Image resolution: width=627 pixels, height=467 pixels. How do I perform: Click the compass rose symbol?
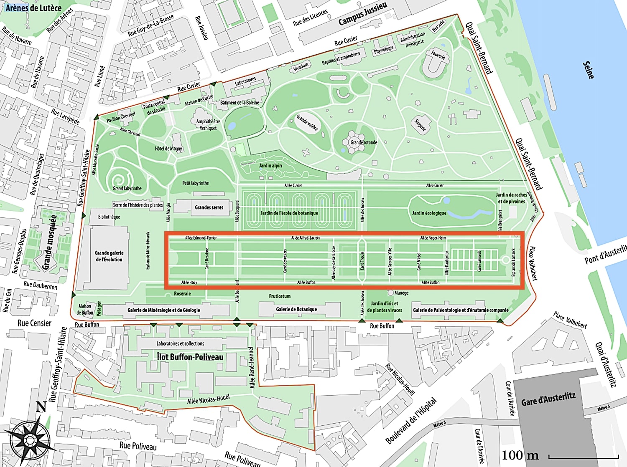tap(30, 439)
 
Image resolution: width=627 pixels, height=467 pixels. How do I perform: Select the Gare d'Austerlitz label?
tap(548, 399)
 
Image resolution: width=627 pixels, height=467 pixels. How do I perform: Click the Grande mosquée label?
tap(50, 242)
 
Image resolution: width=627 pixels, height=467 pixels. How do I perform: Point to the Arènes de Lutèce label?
tap(33, 8)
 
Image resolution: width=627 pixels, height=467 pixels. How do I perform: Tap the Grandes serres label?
tap(209, 207)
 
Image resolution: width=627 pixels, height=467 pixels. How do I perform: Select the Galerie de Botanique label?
tap(296, 309)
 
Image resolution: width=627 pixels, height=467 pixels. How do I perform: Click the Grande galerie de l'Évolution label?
tap(109, 256)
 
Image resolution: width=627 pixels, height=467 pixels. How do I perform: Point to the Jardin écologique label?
tap(429, 213)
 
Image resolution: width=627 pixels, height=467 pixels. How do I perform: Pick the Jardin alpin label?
tap(270, 166)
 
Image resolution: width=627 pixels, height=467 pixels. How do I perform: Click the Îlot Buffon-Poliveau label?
tap(190, 357)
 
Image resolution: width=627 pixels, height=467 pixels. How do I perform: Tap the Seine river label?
tap(589, 70)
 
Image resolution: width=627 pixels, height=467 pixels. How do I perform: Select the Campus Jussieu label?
tap(362, 13)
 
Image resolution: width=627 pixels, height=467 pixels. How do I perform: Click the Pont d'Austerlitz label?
tap(605, 255)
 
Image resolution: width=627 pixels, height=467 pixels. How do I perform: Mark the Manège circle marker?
tap(391, 293)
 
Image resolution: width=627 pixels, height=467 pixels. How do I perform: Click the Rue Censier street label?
tap(34, 323)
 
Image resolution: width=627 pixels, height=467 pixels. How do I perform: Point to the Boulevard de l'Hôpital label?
tap(411, 421)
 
